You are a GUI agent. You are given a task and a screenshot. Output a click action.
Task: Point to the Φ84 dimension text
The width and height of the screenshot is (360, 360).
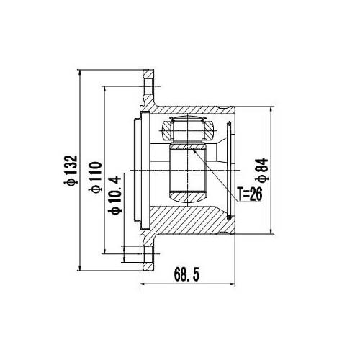pyautogui.click(x=261, y=171)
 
